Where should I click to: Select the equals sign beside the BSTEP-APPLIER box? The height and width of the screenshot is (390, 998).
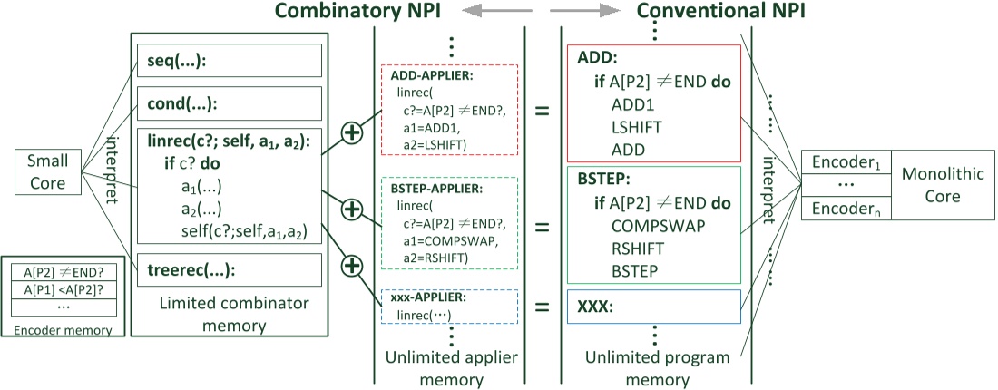pyautogui.click(x=543, y=228)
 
